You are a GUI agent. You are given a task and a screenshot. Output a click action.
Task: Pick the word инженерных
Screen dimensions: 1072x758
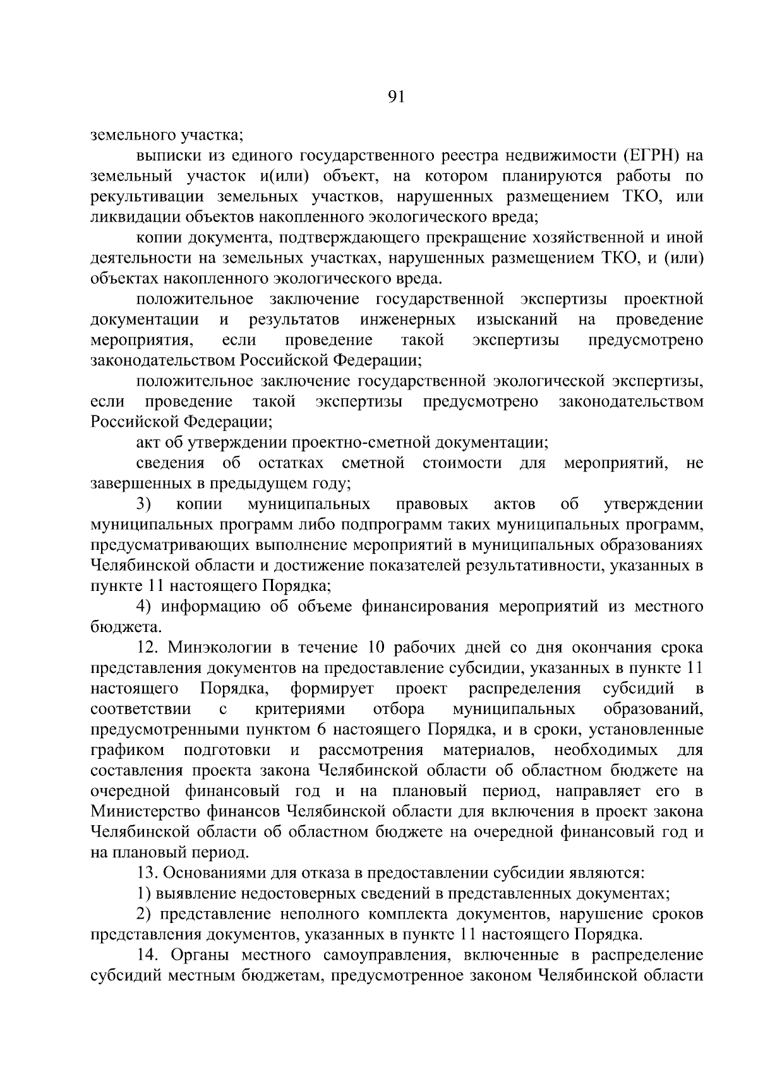pyautogui.click(x=408, y=319)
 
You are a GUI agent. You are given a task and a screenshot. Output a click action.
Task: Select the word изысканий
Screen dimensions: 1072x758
pyautogui.click(x=516, y=319)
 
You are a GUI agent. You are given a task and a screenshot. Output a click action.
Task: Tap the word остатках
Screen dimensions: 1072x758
pyautogui.click(x=291, y=463)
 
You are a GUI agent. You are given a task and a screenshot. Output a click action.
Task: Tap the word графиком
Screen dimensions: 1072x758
pyautogui.click(x=128, y=750)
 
